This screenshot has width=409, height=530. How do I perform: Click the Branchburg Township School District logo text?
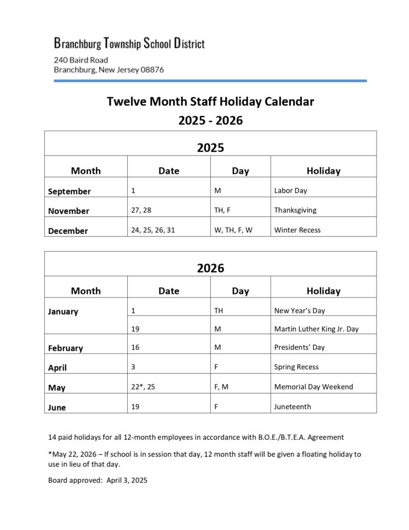tap(129, 43)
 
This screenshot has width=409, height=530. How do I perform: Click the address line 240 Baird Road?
tap(80, 60)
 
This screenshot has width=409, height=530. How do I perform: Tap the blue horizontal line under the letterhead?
tap(210, 81)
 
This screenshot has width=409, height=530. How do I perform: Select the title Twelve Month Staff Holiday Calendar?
tap(210, 101)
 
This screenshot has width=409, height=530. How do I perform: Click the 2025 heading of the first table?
tap(210, 148)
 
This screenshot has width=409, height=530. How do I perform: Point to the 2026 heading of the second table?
tap(210, 268)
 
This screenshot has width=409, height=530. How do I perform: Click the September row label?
tap(69, 191)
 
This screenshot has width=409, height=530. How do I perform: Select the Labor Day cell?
tap(290, 190)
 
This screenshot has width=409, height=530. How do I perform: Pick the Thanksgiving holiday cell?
tap(295, 210)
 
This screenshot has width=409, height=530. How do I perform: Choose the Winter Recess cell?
tap(297, 230)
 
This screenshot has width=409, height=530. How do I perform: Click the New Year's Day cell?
tap(299, 310)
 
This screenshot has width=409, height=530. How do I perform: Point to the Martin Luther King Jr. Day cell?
tap(316, 329)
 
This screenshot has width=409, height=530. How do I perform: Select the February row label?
tap(66, 348)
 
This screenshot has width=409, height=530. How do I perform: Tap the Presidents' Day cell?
tap(299, 347)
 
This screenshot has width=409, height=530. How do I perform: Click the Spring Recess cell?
tap(296, 367)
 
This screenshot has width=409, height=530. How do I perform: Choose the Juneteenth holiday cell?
tap(292, 406)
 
